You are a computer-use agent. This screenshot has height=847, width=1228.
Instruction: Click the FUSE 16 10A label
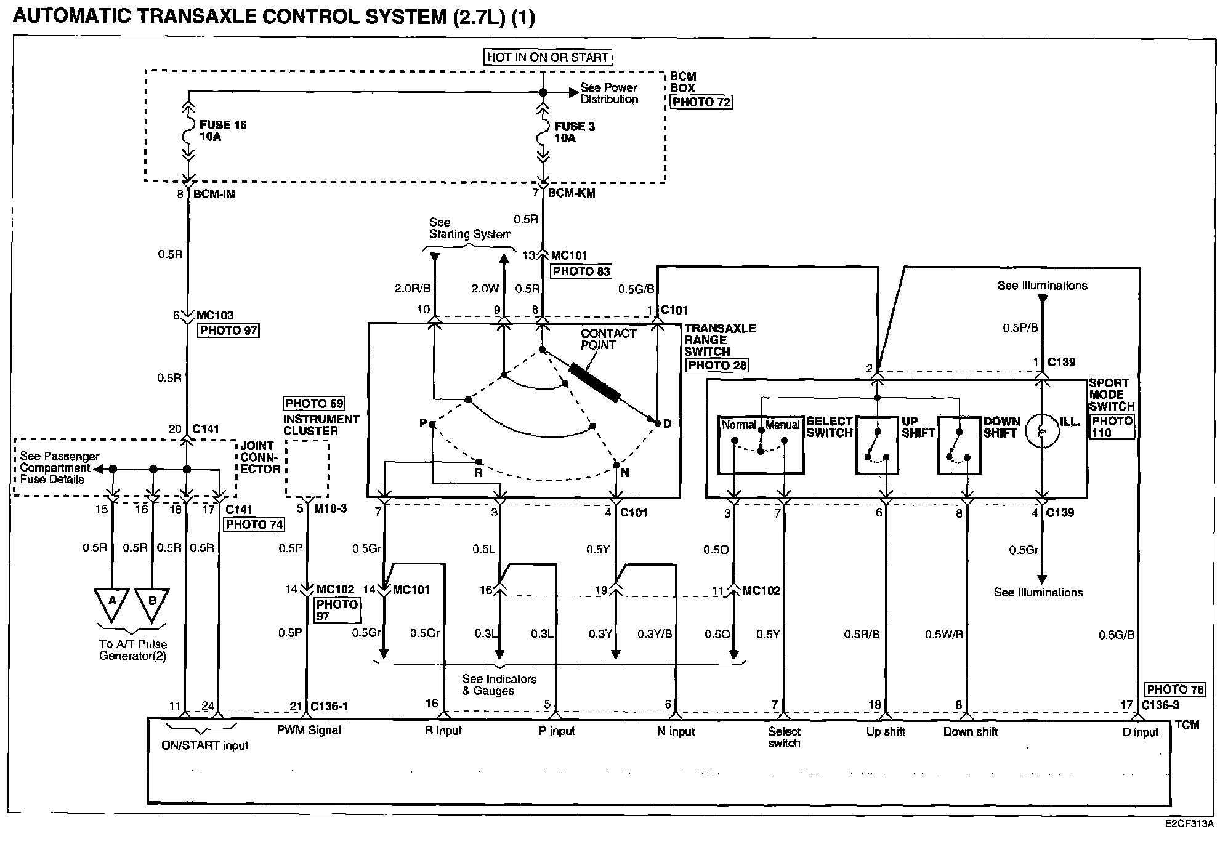point(222,130)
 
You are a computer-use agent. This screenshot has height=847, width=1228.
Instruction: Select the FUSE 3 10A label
point(574,132)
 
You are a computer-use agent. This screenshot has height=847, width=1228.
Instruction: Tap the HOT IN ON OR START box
point(547,57)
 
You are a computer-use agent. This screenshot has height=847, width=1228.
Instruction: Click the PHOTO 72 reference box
point(701,102)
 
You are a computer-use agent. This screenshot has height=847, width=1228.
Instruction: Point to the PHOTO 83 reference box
point(581,271)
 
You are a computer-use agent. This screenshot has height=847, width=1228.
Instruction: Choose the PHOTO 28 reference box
point(717,365)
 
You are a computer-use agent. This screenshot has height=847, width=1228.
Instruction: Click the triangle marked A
point(111,603)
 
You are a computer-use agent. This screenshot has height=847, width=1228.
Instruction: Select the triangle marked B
point(152,603)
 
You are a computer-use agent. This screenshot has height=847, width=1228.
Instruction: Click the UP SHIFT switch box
point(877,445)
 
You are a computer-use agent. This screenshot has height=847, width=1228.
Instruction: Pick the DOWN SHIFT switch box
point(958,445)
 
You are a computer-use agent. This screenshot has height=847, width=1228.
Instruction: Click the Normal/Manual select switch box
point(761,445)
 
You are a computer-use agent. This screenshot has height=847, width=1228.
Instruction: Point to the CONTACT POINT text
point(608,339)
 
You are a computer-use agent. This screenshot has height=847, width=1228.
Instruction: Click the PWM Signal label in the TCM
point(309,731)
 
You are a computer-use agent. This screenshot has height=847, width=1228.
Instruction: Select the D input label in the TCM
point(1141,732)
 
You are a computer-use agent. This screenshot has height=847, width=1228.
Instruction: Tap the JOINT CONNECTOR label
point(260,457)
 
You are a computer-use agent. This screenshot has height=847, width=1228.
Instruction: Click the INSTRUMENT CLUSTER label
point(321,425)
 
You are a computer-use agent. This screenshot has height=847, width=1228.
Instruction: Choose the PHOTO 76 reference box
point(1175,690)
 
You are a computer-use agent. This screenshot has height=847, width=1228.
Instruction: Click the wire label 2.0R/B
point(413,288)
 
